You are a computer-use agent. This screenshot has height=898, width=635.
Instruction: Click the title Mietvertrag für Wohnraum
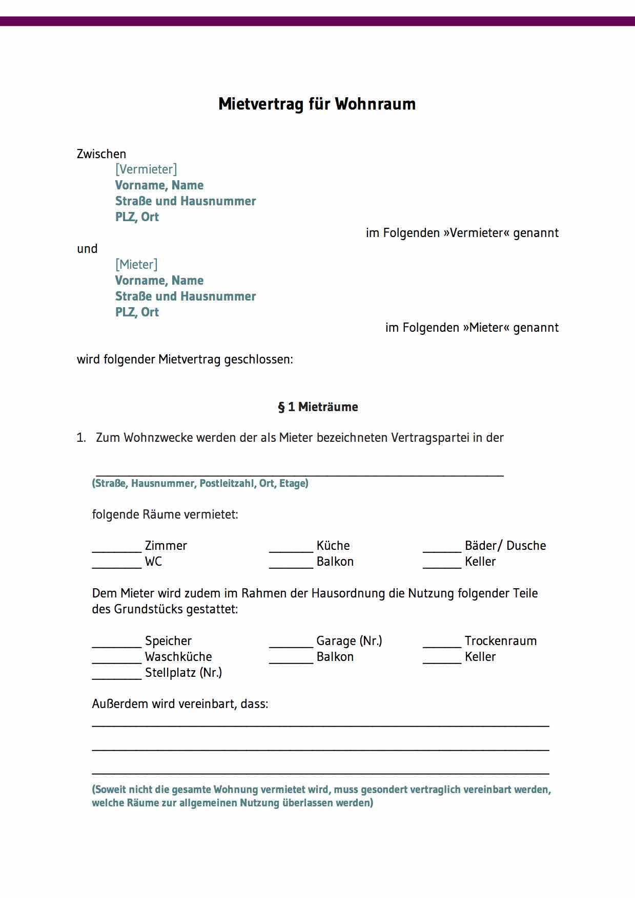click(x=317, y=104)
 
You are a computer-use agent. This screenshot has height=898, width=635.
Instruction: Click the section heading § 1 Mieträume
click(x=318, y=407)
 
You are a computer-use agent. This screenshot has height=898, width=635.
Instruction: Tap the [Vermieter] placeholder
click(x=146, y=169)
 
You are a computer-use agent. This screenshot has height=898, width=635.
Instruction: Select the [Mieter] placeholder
click(x=136, y=264)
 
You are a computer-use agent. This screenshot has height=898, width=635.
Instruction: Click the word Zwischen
click(x=101, y=154)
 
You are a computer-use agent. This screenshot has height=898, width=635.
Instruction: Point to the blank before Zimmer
click(x=117, y=550)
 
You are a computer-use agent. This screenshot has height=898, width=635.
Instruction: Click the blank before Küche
click(x=291, y=550)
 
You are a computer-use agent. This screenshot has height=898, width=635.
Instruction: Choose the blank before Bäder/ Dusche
click(x=442, y=550)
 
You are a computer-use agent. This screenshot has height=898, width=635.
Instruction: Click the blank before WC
click(x=117, y=566)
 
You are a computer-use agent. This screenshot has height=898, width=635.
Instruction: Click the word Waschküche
click(x=178, y=657)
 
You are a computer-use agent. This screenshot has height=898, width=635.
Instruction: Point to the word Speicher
click(x=168, y=641)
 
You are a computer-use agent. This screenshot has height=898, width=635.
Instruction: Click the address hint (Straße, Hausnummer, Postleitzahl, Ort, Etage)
click(x=200, y=483)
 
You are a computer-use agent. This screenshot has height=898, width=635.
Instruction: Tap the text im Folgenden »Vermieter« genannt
click(x=462, y=233)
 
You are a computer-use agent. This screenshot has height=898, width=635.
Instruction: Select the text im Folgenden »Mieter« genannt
click(x=472, y=328)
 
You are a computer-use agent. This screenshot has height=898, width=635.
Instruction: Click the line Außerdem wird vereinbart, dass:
click(x=180, y=704)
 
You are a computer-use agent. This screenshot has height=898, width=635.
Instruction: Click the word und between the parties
click(x=87, y=249)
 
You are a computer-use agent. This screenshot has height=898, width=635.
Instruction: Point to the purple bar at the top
click(x=317, y=21)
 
